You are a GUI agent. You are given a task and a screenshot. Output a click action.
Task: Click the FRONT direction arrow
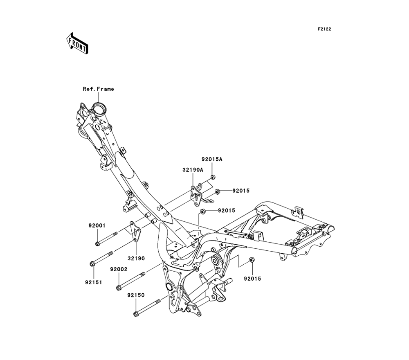tap(77, 43)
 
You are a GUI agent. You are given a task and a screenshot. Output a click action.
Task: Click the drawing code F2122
tap(324, 29)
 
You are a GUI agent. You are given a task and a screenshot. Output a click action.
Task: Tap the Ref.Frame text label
tap(98, 89)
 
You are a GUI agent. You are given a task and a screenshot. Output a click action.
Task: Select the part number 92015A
tap(212, 159)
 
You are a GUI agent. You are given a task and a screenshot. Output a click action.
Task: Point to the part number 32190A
tap(193, 170)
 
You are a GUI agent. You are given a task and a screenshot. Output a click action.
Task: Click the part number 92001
tap(97, 226)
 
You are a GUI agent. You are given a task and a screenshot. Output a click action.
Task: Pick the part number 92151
tap(93, 282)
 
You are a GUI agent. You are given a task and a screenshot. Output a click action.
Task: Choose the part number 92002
tap(119, 270)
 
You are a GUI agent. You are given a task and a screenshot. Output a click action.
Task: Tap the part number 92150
tap(136, 295)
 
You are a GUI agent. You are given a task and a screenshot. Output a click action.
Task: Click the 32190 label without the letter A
tap(136, 259)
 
